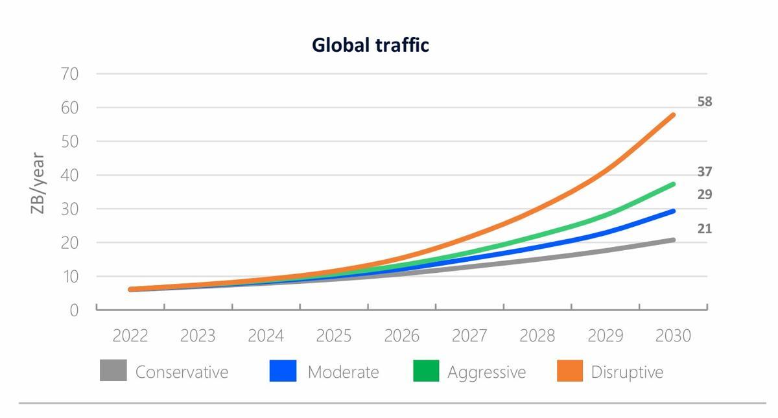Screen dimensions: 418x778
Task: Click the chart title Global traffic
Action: pyautogui.click(x=370, y=45)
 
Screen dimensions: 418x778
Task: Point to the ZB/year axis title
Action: pyautogui.click(x=38, y=184)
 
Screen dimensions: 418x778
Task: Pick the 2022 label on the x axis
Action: pyautogui.click(x=130, y=336)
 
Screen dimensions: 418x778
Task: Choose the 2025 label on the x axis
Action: pyautogui.click(x=334, y=336)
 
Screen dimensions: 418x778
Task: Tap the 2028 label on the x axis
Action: pyautogui.click(x=537, y=336)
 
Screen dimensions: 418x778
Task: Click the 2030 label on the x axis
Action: pyautogui.click(x=673, y=336)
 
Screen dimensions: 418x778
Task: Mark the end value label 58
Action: pyautogui.click(x=705, y=102)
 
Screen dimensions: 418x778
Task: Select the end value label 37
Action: pyautogui.click(x=705, y=172)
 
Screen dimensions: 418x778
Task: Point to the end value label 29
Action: pyautogui.click(x=705, y=194)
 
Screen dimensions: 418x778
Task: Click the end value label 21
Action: pyautogui.click(x=705, y=229)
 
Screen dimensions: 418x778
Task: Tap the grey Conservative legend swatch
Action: pyautogui.click(x=113, y=371)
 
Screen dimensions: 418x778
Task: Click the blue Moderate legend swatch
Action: pyautogui.click(x=283, y=371)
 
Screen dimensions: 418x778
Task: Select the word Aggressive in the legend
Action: pyautogui.click(x=486, y=372)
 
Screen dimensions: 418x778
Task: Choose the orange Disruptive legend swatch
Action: pyautogui.click(x=570, y=371)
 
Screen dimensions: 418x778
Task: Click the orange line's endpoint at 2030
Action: pyautogui.click(x=673, y=115)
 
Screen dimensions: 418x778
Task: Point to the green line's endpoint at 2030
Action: pyautogui.click(x=673, y=185)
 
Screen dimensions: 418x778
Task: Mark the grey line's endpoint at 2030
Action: pyautogui.click(x=673, y=240)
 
